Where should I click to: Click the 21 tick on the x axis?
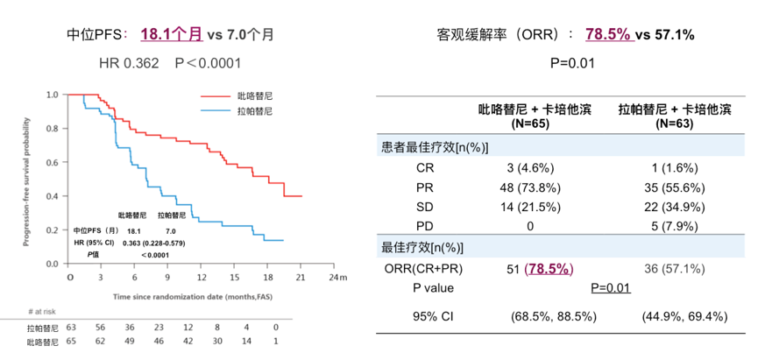301,276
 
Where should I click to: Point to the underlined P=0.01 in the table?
612,286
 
